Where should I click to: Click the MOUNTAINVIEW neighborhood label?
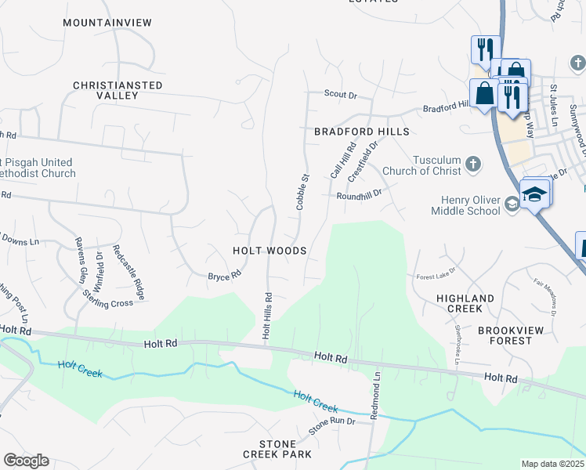pos(107,23)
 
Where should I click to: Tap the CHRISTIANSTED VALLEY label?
pos(118,90)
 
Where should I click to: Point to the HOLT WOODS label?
pos(269,251)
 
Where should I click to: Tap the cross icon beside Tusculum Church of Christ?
pos(472,164)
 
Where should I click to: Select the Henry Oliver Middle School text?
pos(465,205)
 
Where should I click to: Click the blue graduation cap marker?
pos(535,193)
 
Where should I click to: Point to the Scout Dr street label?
pos(341,96)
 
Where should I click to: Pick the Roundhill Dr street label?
pos(359,193)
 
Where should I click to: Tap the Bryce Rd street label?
pos(223,277)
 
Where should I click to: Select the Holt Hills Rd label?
pos(267,316)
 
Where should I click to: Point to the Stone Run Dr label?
pos(331,426)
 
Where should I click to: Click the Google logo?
pos(26,461)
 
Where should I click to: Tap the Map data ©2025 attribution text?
pos(552,464)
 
